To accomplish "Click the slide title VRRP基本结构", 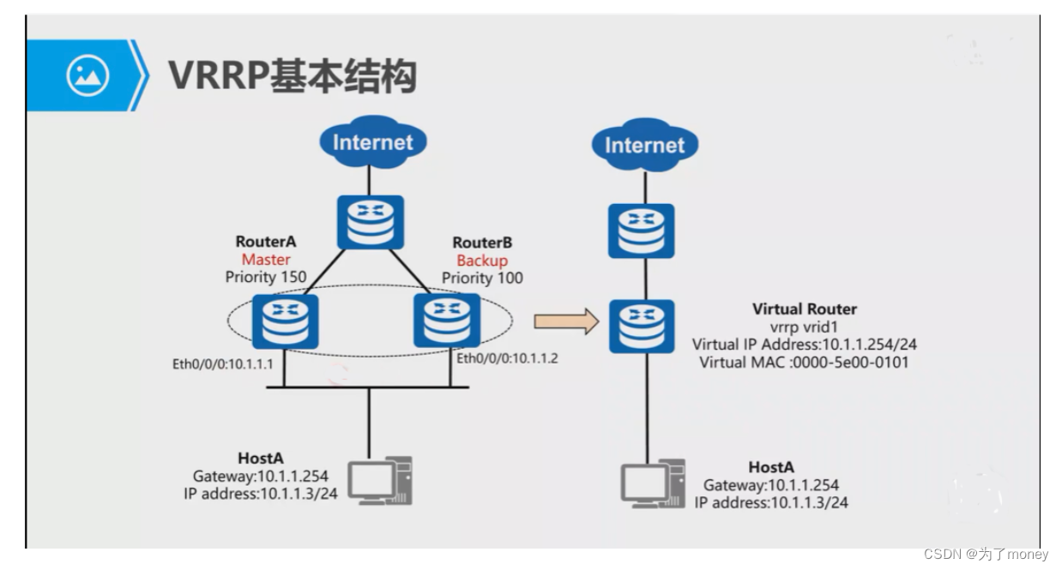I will pyautogui.click(x=292, y=76).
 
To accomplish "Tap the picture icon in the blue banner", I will pyautogui.click(x=87, y=76).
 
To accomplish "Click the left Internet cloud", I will pyautogui.click(x=372, y=144).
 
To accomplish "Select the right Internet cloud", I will pyautogui.click(x=643, y=146).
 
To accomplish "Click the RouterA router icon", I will pyautogui.click(x=286, y=321).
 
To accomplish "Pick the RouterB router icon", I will pyautogui.click(x=446, y=321).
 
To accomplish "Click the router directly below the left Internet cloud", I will pyautogui.click(x=370, y=223).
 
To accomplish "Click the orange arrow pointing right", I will pyautogui.click(x=565, y=321).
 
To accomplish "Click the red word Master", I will pyautogui.click(x=265, y=260).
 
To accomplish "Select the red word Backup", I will pyautogui.click(x=481, y=260).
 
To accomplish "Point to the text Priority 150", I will pyautogui.click(x=265, y=277).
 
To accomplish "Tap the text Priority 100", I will pyautogui.click(x=481, y=278).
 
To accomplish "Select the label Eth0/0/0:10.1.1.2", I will pyautogui.click(x=507, y=358).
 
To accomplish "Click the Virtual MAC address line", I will pyautogui.click(x=804, y=363).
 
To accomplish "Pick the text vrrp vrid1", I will pyautogui.click(x=804, y=327).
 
